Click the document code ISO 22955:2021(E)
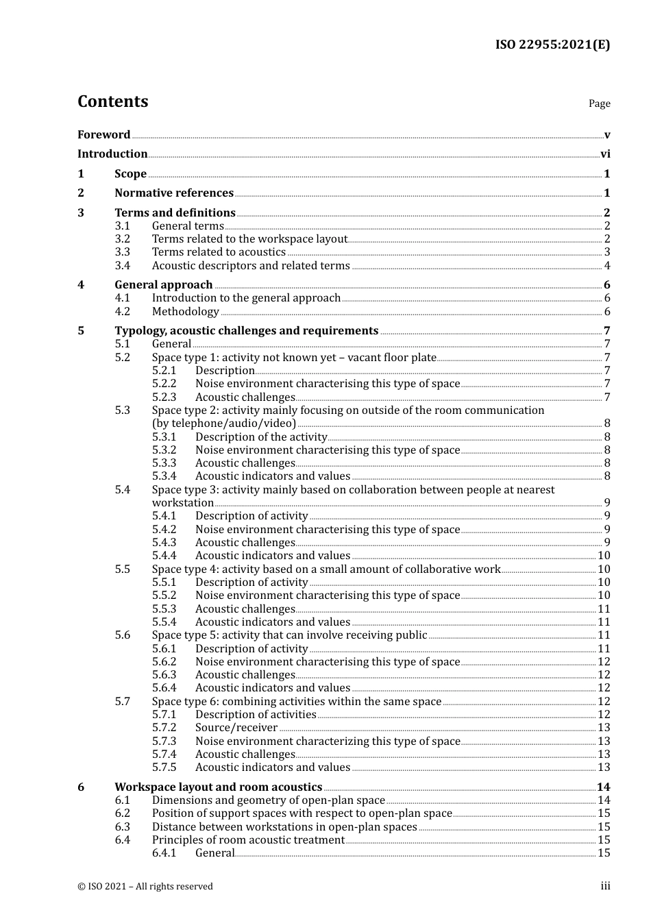point(552,45)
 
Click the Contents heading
point(112,101)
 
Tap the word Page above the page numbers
point(599,103)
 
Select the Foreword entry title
point(103,135)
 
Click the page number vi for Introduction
point(605,154)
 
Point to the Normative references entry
point(174,193)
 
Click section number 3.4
point(123,266)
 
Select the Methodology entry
point(185,312)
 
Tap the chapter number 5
point(81,331)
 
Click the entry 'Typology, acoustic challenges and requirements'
point(246,331)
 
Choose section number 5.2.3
point(164,397)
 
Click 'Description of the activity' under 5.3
point(261,437)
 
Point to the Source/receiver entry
point(236,728)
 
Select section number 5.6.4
point(164,688)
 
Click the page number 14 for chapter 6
point(603,787)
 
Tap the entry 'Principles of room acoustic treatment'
point(248,840)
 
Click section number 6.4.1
point(164,853)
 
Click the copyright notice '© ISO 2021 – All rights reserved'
point(145,887)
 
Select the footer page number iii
point(605,886)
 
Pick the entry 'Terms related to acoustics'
point(219,252)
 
